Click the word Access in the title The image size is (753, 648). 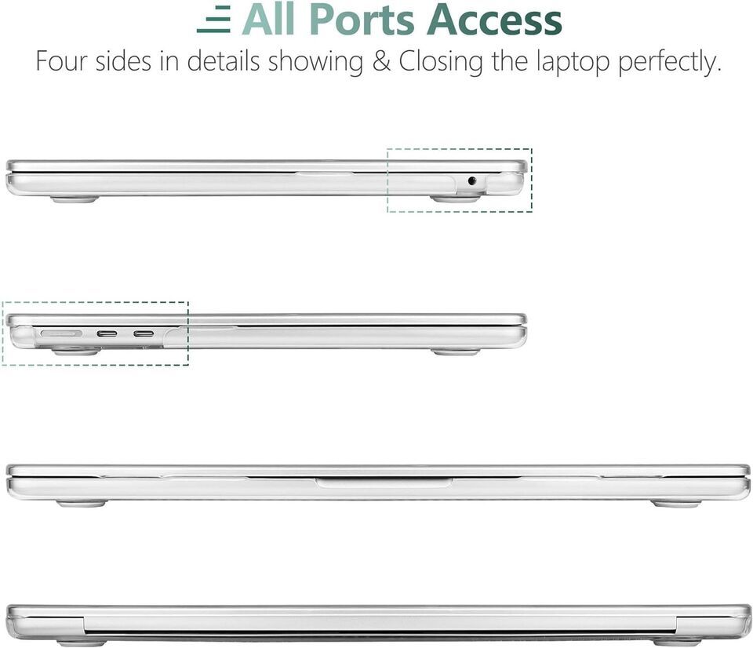pos(495,20)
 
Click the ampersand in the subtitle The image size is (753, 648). pos(381,61)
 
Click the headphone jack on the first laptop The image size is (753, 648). pos(472,181)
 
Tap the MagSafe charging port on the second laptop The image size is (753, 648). pos(61,333)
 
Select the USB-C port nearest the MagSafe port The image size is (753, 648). pos(107,333)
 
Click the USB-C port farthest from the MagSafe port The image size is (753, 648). pos(144,333)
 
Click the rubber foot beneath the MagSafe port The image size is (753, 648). pos(76,352)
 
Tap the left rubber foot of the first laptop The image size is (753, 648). pos(75,198)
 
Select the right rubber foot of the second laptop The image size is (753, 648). pos(455,352)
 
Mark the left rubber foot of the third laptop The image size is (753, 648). pos(81,504)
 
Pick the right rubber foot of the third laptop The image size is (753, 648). pos(676,504)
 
